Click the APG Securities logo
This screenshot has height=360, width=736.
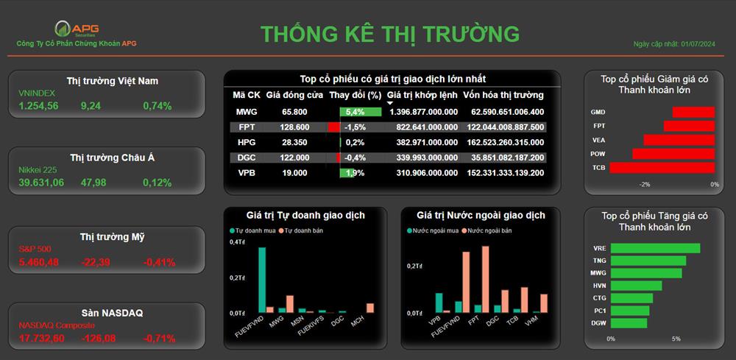[77, 29]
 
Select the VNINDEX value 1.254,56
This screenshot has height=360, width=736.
[38, 106]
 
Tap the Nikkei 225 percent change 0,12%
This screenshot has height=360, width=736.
[158, 183]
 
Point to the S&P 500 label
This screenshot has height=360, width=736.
[35, 249]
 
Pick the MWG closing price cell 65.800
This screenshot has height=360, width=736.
[294, 112]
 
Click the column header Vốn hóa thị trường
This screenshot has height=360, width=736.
[503, 95]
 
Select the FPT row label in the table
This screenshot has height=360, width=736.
[247, 127]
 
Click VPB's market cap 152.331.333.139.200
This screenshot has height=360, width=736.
[506, 173]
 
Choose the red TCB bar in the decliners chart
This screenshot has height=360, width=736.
[662, 168]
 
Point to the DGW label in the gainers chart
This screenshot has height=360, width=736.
[598, 323]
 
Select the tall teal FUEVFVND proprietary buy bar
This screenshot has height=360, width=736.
[262, 280]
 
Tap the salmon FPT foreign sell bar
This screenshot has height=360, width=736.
[485, 279]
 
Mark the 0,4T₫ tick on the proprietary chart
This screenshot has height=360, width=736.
[237, 241]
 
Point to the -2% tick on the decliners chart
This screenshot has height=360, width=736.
[645, 185]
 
